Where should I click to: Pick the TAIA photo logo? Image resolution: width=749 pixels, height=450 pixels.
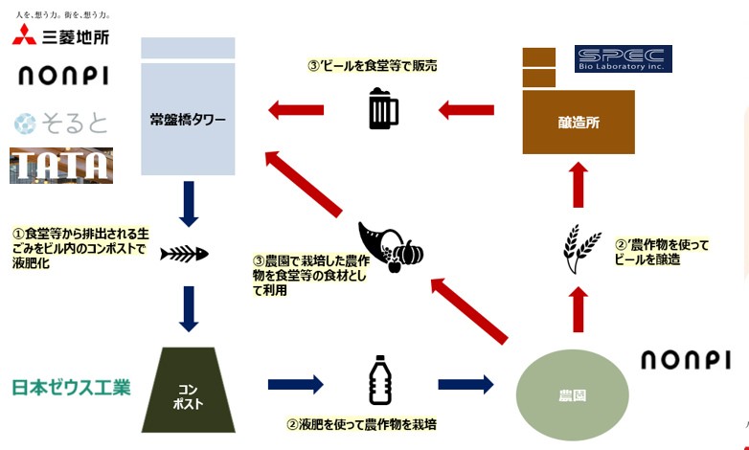(61, 166)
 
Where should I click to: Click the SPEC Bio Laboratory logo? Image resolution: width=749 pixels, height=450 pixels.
(623, 59)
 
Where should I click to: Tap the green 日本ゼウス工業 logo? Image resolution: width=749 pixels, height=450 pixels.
(70, 388)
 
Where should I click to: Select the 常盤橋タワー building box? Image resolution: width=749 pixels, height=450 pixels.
(188, 114)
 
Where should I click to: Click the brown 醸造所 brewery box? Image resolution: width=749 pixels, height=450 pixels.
(579, 122)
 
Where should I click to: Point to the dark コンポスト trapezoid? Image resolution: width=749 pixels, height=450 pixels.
(188, 390)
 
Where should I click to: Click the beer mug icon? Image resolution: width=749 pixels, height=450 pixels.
(383, 109)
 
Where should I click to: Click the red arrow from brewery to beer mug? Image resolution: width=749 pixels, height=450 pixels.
(466, 110)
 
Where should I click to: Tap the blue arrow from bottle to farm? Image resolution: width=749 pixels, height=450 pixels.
(465, 385)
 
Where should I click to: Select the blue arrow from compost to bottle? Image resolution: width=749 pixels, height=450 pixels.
(295, 385)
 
